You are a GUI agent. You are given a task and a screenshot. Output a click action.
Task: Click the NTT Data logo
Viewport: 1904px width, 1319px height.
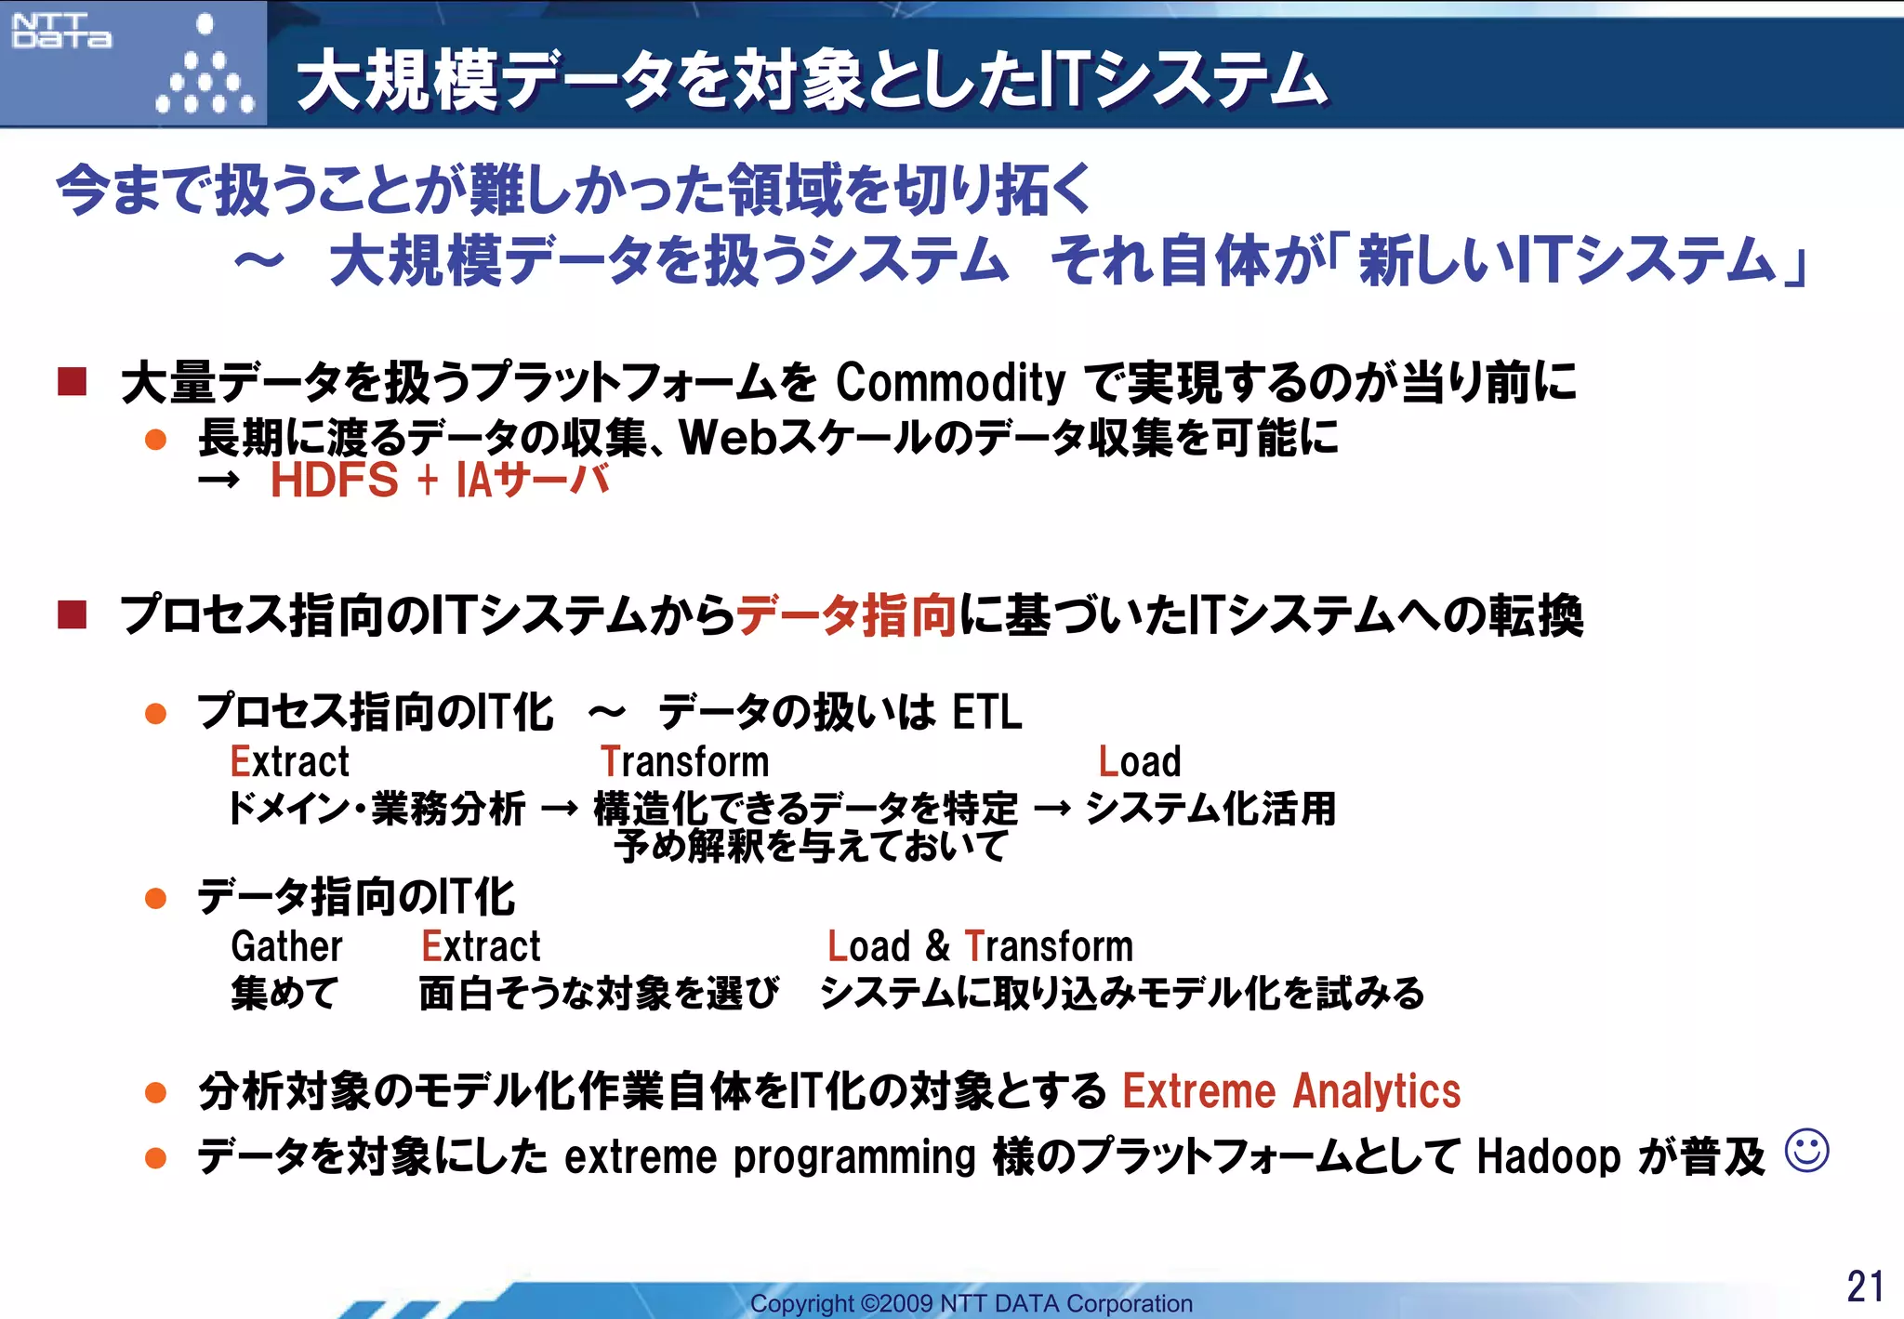pos(61,31)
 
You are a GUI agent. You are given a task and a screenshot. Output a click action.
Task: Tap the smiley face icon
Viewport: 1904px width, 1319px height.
pos(1806,1151)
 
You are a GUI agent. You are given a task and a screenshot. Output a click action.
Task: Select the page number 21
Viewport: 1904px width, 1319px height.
pos(1865,1286)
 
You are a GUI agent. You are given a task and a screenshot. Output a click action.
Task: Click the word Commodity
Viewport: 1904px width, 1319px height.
pos(949,382)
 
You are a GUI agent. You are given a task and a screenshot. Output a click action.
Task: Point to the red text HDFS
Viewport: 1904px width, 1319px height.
pos(334,481)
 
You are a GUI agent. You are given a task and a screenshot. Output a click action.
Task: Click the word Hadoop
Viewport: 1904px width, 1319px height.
pos(1548,1157)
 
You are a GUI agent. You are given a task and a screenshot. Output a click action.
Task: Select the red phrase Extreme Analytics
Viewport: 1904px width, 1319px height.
pos(1291,1090)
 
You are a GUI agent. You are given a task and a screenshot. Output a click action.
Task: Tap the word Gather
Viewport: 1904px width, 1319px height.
pos(286,946)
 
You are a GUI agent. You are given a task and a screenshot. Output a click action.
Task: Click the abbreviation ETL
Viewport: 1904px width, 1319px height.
pos(986,713)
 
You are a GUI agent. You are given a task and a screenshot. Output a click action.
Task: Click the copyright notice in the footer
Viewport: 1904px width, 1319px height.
pos(971,1303)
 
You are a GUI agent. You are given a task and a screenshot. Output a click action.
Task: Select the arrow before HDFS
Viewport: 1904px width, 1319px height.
pos(219,481)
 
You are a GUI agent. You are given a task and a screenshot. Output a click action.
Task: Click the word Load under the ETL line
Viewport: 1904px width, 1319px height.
pos(1139,761)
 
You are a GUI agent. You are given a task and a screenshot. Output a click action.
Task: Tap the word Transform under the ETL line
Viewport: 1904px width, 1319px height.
pos(684,761)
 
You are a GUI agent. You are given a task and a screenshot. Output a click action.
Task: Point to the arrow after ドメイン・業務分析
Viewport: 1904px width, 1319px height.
pos(559,809)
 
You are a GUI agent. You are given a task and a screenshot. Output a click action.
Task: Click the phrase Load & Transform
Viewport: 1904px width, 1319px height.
pos(980,946)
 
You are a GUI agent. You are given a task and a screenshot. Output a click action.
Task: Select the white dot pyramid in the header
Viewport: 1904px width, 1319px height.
pos(205,70)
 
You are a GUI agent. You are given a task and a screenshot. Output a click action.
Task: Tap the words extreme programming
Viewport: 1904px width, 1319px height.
pos(770,1157)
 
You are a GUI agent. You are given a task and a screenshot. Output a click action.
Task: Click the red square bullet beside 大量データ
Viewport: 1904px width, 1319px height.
pos(72,381)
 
